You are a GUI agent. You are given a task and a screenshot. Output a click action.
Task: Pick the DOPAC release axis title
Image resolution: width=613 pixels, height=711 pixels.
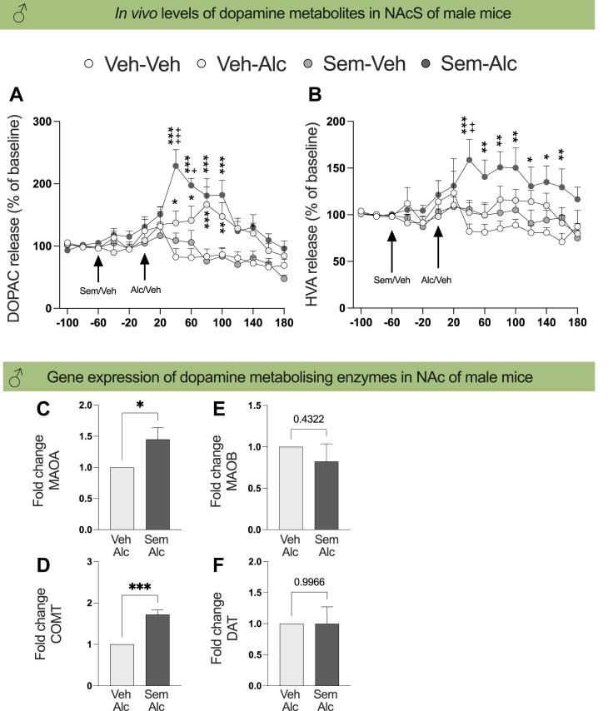point(15,214)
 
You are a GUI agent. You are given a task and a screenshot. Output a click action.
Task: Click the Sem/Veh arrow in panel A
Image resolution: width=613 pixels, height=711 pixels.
point(98,268)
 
